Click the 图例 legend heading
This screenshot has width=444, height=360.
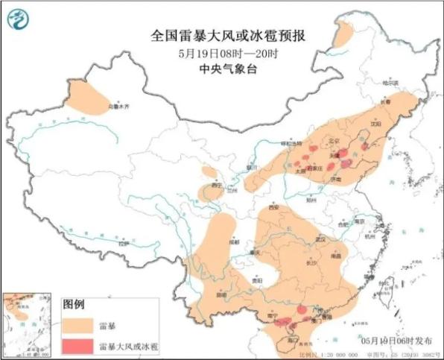click(74, 305)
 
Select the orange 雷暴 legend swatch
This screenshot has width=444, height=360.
click(78, 325)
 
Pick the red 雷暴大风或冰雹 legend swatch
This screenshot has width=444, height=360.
click(78, 345)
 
